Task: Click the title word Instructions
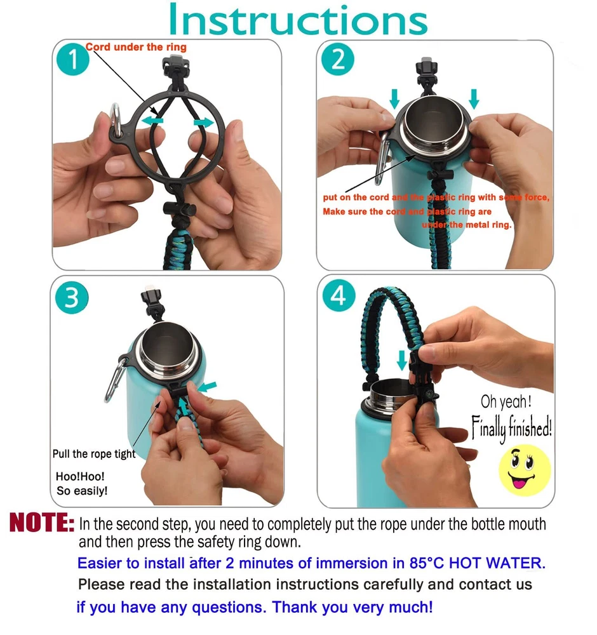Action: (298, 20)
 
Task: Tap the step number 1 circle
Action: (73, 59)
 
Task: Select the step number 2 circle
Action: (338, 59)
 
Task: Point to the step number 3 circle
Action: (72, 298)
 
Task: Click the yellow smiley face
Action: (525, 470)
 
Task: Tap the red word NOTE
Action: (42, 523)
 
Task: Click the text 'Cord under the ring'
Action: (136, 47)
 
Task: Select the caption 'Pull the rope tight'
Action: (94, 454)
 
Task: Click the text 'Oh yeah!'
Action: (506, 402)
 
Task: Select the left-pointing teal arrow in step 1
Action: (152, 120)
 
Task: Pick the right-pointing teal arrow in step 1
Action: (203, 122)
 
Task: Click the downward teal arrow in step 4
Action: (402, 360)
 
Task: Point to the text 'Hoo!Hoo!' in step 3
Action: (80, 476)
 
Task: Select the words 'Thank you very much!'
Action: (352, 607)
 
